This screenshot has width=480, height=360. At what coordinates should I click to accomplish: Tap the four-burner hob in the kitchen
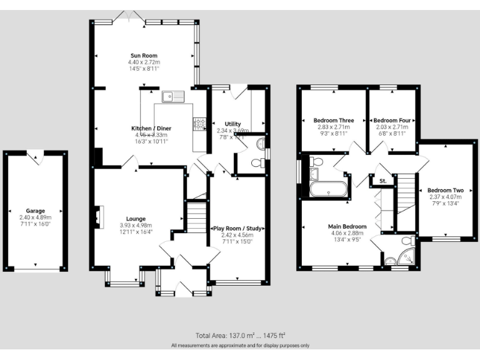click(x=200, y=123)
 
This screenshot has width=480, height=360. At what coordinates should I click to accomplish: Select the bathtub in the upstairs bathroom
click(x=327, y=189)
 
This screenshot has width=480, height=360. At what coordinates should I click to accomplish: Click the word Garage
click(x=36, y=211)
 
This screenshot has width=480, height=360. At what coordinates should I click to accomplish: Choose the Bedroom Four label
click(x=392, y=120)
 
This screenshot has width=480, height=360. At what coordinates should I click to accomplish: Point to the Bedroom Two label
click(x=446, y=190)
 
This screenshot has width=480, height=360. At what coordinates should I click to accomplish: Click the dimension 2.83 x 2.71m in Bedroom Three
click(x=334, y=127)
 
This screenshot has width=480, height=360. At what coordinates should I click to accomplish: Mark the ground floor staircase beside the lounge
click(x=197, y=217)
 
